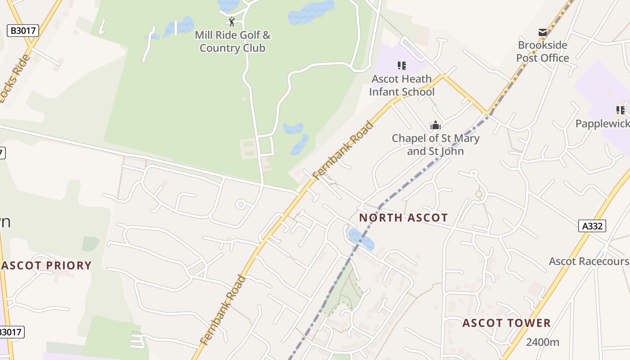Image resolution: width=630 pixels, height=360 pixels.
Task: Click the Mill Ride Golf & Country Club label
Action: click(232, 41)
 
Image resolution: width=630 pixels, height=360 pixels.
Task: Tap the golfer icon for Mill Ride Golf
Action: click(232, 22)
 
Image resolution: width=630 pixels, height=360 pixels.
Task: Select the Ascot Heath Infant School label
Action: click(402, 85)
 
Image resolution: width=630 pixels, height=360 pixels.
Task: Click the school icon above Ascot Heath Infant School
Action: click(402, 66)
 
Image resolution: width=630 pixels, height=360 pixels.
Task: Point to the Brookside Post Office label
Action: click(542, 51)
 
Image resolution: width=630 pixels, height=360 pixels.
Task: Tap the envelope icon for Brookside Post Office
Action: click(543, 32)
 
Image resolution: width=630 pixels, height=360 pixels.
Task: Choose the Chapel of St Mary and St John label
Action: click(435, 144)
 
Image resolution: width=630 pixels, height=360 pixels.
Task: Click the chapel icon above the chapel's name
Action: click(435, 125)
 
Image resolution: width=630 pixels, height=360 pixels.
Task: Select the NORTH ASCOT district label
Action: click(403, 218)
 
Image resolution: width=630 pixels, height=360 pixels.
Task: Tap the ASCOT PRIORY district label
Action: click(47, 265)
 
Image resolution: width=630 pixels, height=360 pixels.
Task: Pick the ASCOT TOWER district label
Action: click(506, 323)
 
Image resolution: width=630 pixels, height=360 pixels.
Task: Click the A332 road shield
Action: click(592, 226)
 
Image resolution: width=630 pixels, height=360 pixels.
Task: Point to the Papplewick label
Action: click(602, 124)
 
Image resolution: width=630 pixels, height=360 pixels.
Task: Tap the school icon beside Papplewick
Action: click(621, 110)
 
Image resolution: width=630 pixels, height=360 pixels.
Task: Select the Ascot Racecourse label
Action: click(589, 261)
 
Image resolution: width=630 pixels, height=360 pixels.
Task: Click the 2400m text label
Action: click(542, 342)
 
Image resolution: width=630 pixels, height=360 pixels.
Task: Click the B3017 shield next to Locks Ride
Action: click(23, 31)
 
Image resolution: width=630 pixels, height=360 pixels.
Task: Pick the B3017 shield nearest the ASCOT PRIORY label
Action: click(10, 332)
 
